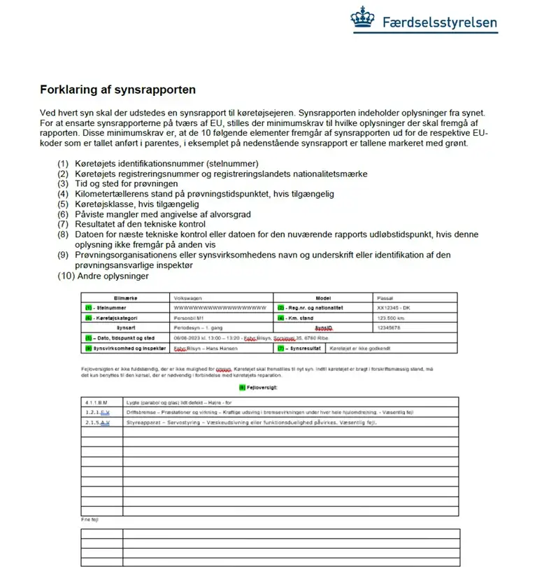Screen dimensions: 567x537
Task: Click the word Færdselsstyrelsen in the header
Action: (x=440, y=22)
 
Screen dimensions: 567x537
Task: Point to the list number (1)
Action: (x=64, y=164)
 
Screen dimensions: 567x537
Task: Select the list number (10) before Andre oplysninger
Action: (x=66, y=276)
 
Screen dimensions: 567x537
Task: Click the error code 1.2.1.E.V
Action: (x=98, y=412)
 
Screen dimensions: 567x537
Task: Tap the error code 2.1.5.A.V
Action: (x=98, y=423)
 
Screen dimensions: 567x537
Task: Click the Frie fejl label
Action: (x=89, y=520)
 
